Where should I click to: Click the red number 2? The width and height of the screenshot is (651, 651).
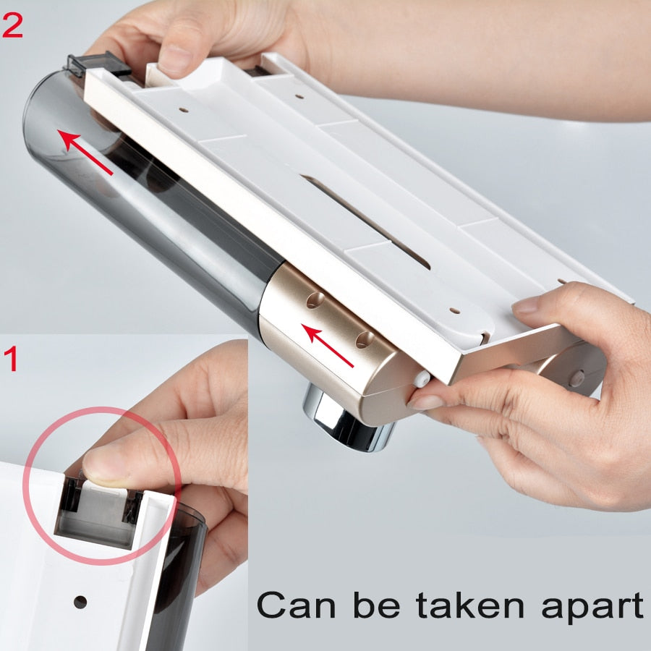pyautogui.click(x=12, y=26)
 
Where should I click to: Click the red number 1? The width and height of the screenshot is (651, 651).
pyautogui.click(x=12, y=359)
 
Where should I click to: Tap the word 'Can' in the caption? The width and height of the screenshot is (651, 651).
pyautogui.click(x=296, y=605)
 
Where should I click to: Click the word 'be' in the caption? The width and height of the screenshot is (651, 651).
pyautogui.click(x=377, y=604)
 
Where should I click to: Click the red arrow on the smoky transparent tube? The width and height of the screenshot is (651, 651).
pyautogui.click(x=85, y=152)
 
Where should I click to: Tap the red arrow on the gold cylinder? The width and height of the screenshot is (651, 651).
pyautogui.click(x=328, y=346)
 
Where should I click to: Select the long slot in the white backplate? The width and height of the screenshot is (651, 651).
pyautogui.click(x=365, y=221)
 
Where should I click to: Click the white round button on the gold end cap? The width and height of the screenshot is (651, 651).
pyautogui.click(x=422, y=378)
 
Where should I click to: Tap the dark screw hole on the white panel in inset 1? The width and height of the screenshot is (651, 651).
pyautogui.click(x=80, y=602)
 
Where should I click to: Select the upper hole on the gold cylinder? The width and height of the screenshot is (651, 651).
pyautogui.click(x=315, y=299)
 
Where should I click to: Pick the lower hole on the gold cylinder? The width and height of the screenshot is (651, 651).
pyautogui.click(x=364, y=340)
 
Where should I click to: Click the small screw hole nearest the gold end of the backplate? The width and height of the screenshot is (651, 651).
pyautogui.click(x=455, y=310)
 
